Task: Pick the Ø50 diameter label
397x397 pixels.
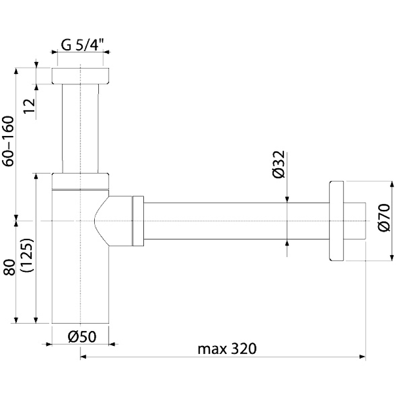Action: (81, 336)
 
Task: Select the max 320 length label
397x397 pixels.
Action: (227, 349)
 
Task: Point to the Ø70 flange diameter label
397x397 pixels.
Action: (383, 219)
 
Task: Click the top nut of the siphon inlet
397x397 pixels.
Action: (80, 76)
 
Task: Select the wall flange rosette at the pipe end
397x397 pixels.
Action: (335, 221)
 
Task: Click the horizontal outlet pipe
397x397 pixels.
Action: (233, 221)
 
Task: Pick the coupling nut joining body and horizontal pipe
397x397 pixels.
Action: (137, 221)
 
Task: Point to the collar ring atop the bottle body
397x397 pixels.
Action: (80, 181)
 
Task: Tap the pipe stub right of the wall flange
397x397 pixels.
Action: (354, 221)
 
